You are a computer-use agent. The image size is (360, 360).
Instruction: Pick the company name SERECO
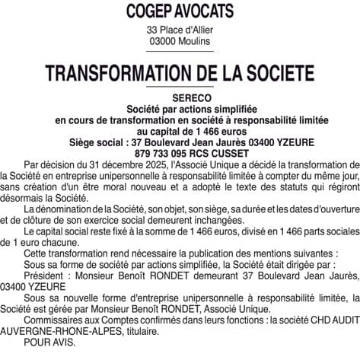click(180, 99)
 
